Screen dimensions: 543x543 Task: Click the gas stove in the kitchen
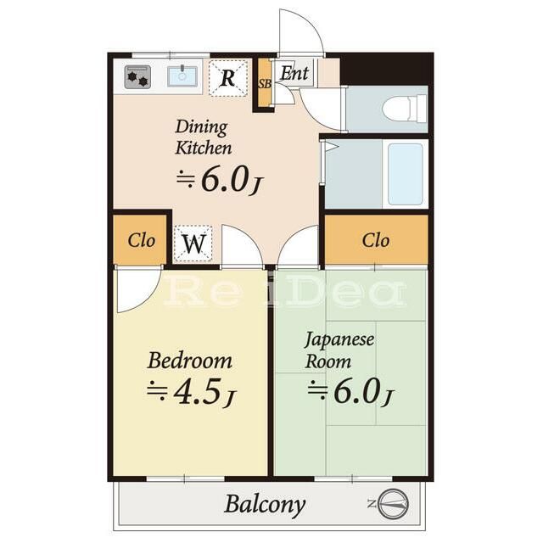coord(137,77)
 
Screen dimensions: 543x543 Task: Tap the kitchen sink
coord(182,76)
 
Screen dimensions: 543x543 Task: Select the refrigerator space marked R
coord(228,78)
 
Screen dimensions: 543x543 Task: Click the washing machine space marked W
coord(193,244)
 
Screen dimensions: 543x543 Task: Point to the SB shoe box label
coord(265,84)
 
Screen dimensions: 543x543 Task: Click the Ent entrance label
coord(294,73)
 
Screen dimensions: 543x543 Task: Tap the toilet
coord(405,109)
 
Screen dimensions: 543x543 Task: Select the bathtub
coord(406,174)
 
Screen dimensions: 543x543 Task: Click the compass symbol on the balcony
coord(394,503)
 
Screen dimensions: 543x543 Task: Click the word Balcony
coord(265,505)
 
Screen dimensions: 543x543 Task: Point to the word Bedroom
coord(190,361)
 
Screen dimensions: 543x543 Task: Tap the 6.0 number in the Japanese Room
coord(355,392)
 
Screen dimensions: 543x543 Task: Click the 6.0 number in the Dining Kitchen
coord(224,180)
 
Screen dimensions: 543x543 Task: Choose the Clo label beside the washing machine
coord(141,240)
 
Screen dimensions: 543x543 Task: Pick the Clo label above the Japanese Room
coord(376,240)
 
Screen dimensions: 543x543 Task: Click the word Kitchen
coord(204,148)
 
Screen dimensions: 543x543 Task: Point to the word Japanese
coord(339,339)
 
